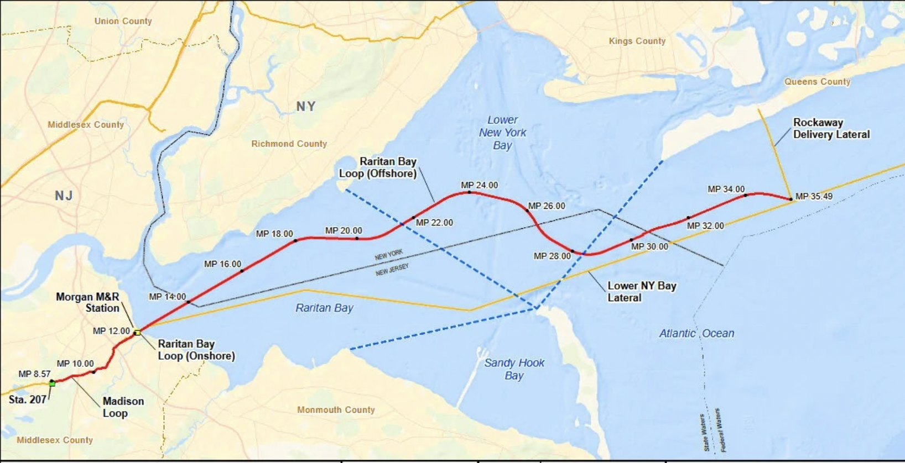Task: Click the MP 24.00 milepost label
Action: (479, 186)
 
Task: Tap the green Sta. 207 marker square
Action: (52, 382)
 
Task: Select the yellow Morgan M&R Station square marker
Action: (137, 332)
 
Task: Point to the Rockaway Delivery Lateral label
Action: (831, 129)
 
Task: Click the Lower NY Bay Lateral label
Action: (642, 292)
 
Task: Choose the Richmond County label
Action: (289, 144)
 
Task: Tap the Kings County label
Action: (637, 41)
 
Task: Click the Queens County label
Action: (817, 82)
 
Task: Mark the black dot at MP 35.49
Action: (790, 199)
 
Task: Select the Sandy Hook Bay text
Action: (514, 369)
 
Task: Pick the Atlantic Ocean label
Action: (696, 333)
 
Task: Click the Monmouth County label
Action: (336, 410)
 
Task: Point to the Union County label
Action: (123, 21)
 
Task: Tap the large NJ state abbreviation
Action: (64, 196)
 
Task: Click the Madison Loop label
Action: (123, 407)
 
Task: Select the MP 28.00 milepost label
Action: (552, 256)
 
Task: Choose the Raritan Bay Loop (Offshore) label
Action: (378, 167)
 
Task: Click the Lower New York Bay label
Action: (502, 133)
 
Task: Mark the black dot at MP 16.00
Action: (242, 271)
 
